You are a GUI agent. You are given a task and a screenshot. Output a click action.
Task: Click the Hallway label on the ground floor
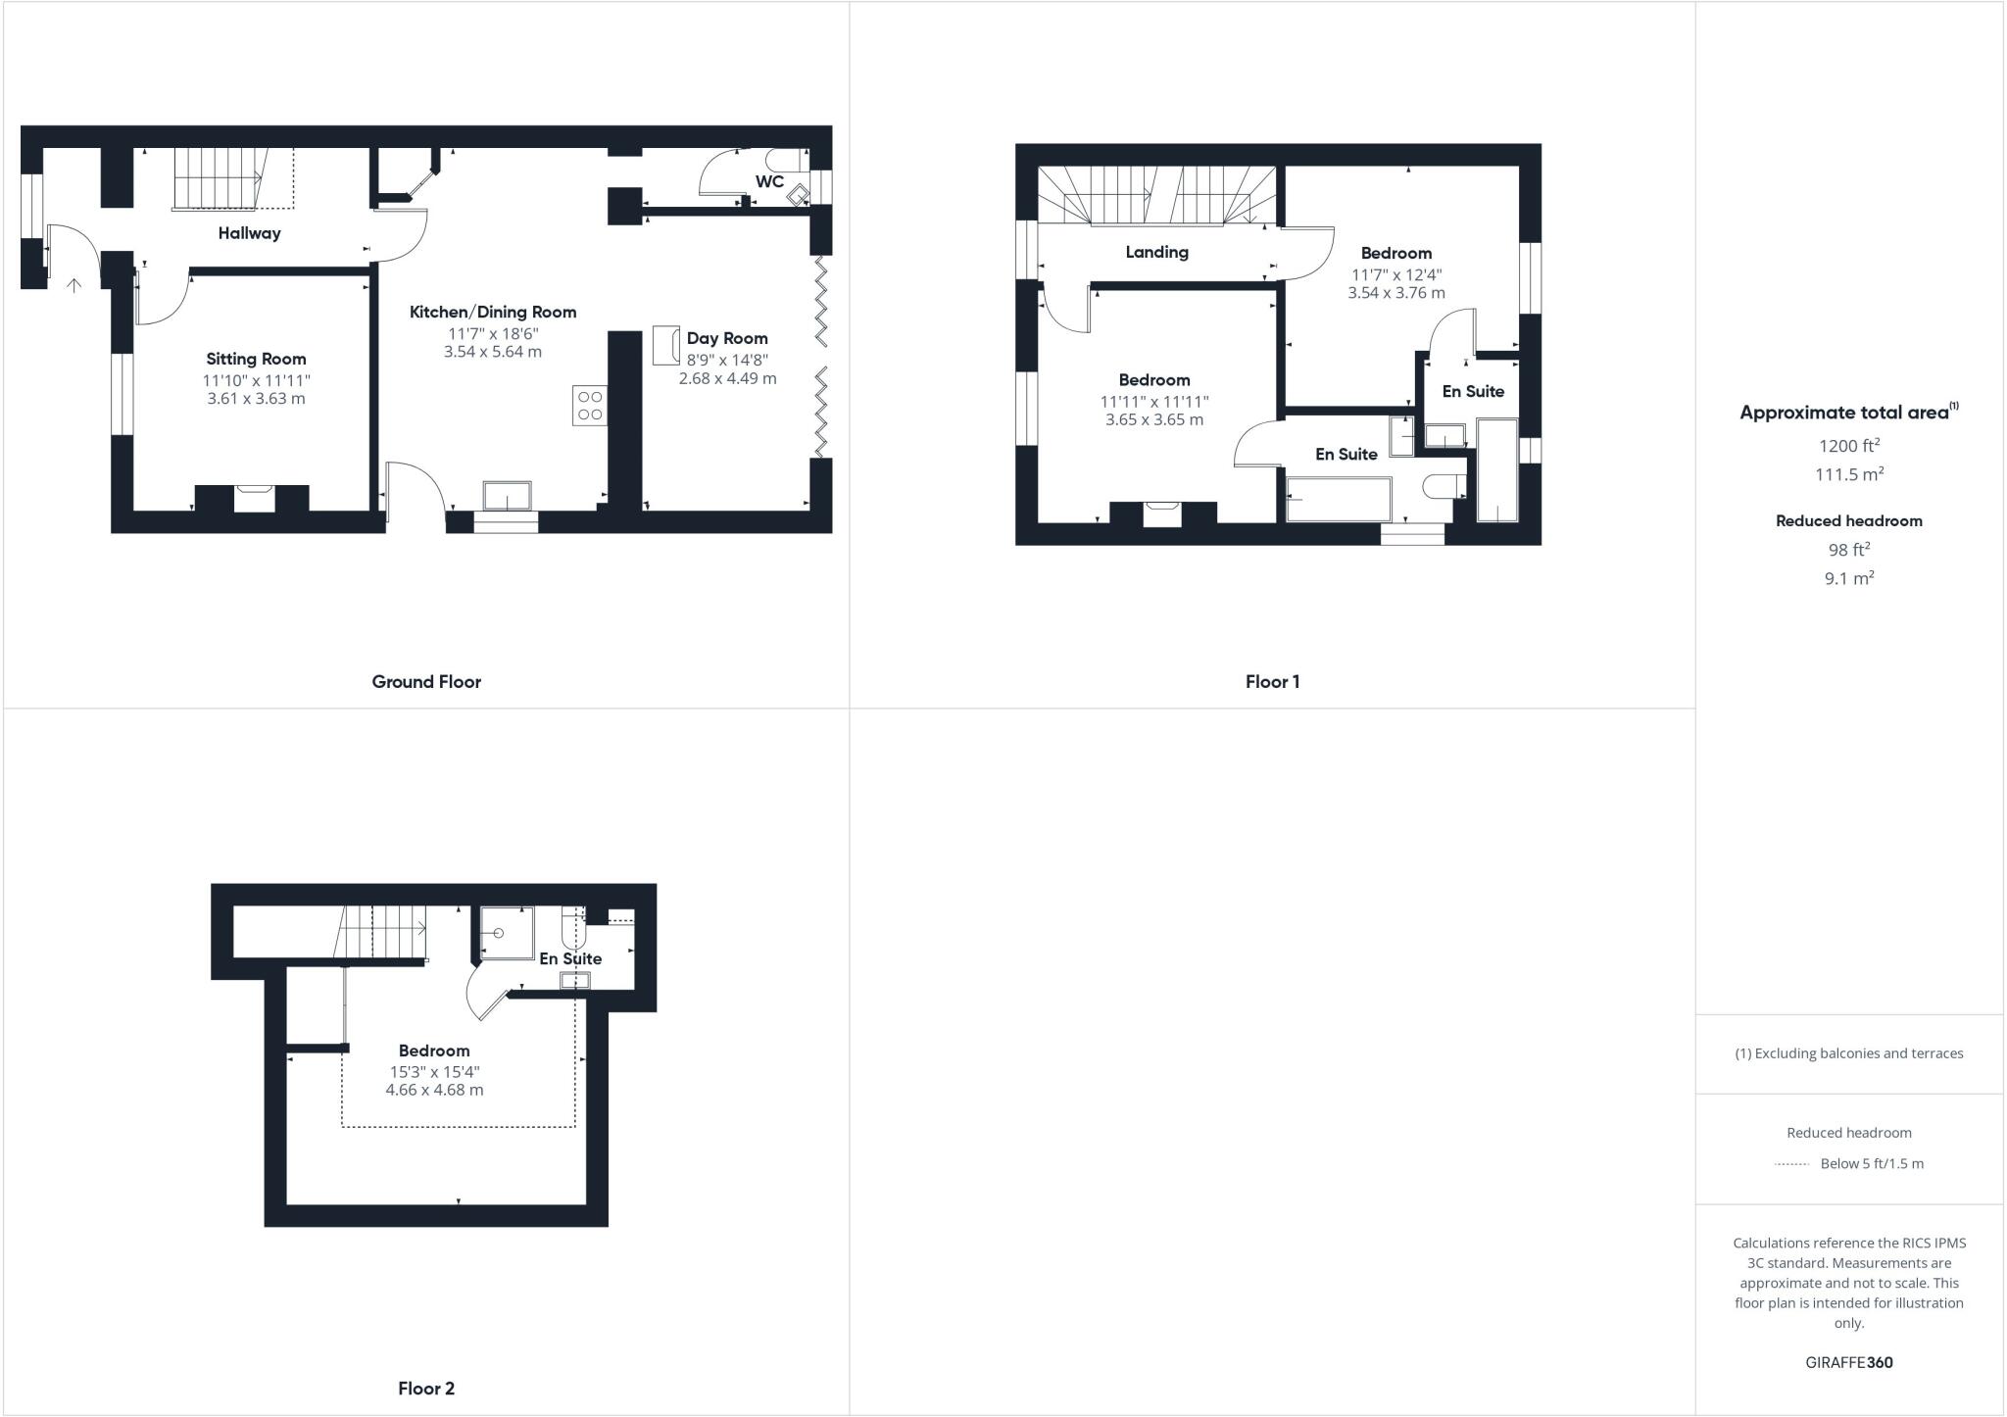(x=249, y=233)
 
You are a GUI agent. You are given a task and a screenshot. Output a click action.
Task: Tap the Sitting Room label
(x=256, y=359)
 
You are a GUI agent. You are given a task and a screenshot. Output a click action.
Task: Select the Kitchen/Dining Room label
(x=492, y=313)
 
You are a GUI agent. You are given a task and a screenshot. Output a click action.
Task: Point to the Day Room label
(x=727, y=339)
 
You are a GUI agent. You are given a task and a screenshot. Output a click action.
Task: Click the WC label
(x=769, y=181)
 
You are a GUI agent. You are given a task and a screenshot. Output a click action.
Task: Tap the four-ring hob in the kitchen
(x=590, y=406)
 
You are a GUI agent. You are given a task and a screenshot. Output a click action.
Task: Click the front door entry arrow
(x=73, y=285)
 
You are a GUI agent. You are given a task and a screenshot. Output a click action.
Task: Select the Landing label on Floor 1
(x=1156, y=252)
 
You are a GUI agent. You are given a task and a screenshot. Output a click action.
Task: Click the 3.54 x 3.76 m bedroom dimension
(x=1395, y=293)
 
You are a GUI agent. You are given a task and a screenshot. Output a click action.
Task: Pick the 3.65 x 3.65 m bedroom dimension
(x=1154, y=419)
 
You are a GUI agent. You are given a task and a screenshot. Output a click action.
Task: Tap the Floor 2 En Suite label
(x=570, y=958)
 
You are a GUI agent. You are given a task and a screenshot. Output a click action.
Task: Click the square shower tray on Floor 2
(x=507, y=933)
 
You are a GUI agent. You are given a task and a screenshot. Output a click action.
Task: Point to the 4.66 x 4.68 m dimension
(x=434, y=1090)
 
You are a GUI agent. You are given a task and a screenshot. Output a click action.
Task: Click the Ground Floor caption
(x=426, y=682)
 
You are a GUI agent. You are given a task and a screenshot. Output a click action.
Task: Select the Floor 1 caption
(x=1272, y=682)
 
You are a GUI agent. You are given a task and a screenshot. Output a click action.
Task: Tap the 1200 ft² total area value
(x=1848, y=446)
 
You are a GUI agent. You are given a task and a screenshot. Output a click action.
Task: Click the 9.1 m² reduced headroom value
(x=1848, y=578)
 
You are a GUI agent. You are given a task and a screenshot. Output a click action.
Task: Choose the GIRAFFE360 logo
(x=1848, y=1362)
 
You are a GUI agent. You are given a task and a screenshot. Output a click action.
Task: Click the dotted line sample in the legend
(x=1791, y=1164)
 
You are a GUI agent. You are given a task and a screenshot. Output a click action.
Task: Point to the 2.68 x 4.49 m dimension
(x=727, y=378)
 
